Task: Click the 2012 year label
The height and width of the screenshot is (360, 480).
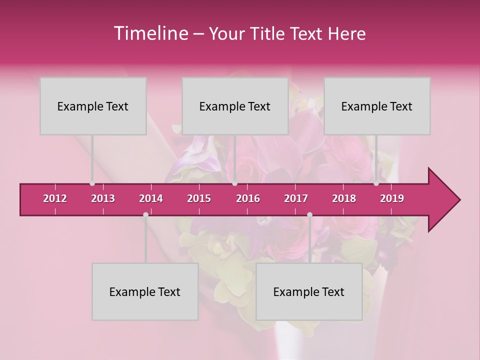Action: (x=55, y=198)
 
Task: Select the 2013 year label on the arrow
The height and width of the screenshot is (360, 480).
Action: (x=103, y=198)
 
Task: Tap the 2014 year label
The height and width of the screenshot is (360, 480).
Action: (x=151, y=198)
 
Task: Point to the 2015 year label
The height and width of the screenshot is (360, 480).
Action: (x=199, y=198)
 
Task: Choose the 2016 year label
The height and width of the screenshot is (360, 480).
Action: (x=248, y=198)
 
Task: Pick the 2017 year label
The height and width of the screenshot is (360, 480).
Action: (x=296, y=198)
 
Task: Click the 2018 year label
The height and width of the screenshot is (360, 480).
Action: (x=344, y=198)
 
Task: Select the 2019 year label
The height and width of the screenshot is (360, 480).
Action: (x=392, y=198)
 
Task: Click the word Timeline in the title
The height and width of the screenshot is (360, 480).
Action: (x=150, y=33)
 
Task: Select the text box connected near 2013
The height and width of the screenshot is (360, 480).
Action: (x=93, y=106)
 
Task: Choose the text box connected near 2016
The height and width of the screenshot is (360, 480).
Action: (x=235, y=106)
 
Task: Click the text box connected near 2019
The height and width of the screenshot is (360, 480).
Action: (x=377, y=106)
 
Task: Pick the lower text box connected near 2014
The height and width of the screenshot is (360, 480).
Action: (x=145, y=291)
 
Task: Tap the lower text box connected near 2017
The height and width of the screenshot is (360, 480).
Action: (x=309, y=291)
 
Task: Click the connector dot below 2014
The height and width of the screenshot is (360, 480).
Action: (x=145, y=215)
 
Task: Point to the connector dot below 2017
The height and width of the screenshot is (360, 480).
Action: (x=309, y=215)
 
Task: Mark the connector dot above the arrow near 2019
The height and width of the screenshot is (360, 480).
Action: (x=376, y=183)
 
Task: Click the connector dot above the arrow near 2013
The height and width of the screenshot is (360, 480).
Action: (x=92, y=183)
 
